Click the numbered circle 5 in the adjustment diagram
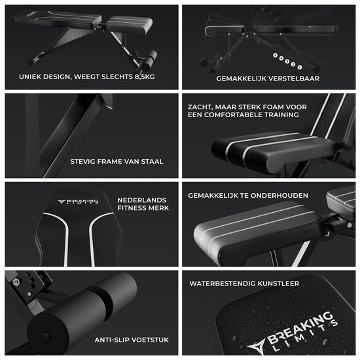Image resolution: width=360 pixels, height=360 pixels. coord(276,56)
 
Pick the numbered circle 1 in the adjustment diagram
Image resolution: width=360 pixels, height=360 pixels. coord(299,67)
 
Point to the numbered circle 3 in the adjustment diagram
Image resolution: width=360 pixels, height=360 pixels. coord(287,62)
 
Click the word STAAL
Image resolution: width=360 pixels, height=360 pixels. coord(153,162)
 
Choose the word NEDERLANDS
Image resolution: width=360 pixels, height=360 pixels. coord(142,200)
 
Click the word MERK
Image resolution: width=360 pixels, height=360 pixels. coord(158,208)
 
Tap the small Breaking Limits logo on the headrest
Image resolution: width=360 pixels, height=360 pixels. coord(78,202)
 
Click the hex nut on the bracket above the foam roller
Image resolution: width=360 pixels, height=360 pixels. coord(16,282)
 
